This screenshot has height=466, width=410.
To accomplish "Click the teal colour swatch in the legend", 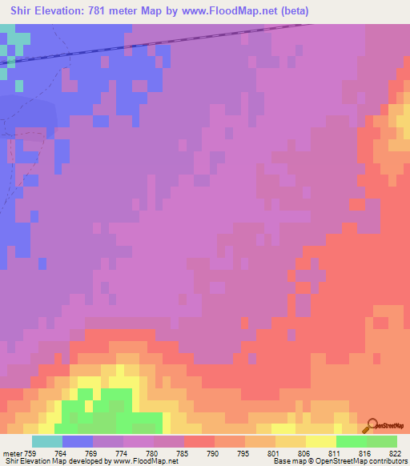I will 47,441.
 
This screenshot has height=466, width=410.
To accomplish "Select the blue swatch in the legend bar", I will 78,441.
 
